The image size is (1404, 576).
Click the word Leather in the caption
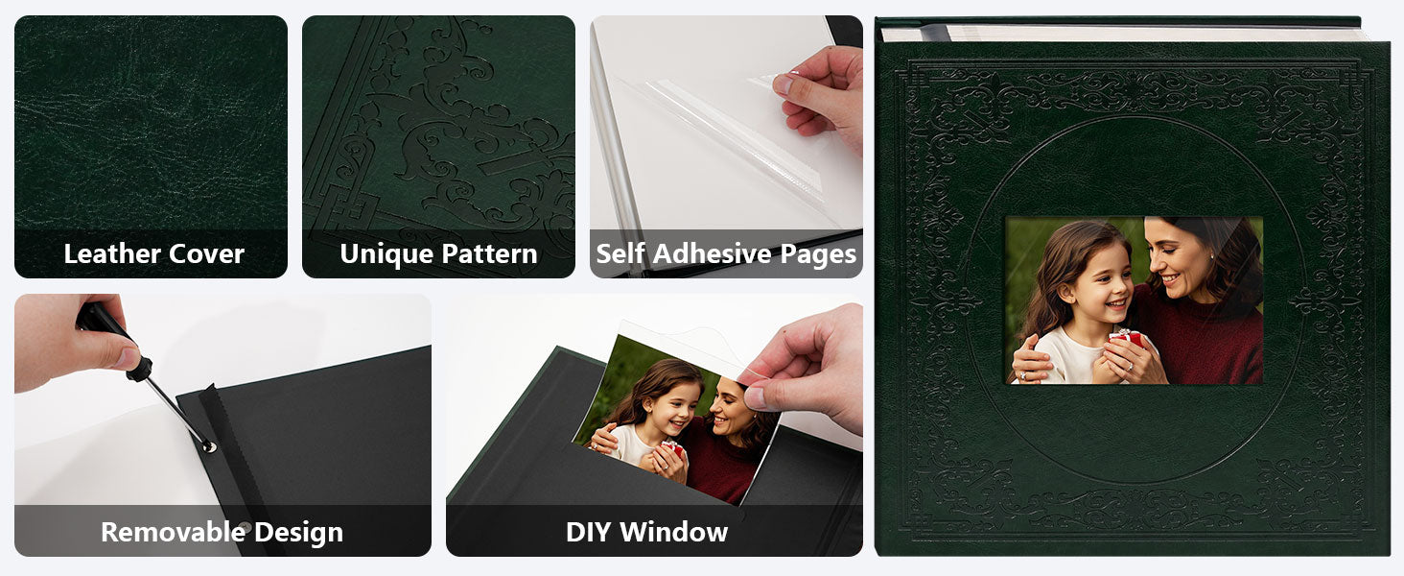click(x=112, y=254)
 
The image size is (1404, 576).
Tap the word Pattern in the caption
click(x=489, y=254)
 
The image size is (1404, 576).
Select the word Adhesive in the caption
click(x=712, y=254)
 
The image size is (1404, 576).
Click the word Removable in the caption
click(x=173, y=532)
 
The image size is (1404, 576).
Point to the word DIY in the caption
click(x=588, y=532)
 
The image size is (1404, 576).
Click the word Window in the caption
click(x=674, y=532)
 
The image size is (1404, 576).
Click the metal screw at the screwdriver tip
click(x=208, y=446)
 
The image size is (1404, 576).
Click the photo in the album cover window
click(x=1134, y=300)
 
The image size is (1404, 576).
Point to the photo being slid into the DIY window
click(x=677, y=419)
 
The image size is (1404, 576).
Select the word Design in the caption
click(x=299, y=532)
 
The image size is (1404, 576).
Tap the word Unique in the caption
click(x=386, y=254)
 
